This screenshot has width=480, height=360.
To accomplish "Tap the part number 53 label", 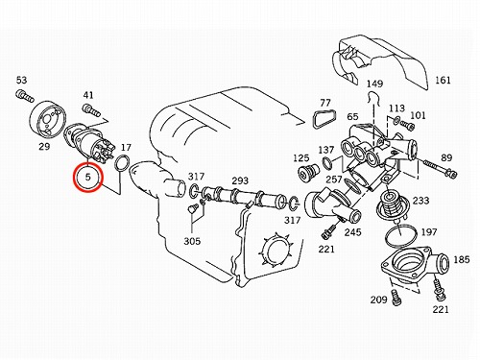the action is coord(21,80).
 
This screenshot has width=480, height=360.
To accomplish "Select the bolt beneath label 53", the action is coord(24,96).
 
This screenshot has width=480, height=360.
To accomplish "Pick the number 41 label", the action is coord(88,95).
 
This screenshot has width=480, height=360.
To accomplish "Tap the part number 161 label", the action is coord(443,80).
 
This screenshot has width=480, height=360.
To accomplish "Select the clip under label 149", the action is coord(373,97).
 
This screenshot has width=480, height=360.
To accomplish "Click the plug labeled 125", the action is coord(309,172).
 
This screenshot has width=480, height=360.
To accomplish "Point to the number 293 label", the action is coord(240,180).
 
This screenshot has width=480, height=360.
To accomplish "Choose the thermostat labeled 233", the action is coord(392,204).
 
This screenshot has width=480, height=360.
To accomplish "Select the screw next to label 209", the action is coord(396,298).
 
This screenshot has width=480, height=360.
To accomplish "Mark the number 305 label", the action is coord(192,241).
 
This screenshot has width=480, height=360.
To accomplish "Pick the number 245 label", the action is coord(352,232).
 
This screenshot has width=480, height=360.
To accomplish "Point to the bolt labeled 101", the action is coord(407,125).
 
